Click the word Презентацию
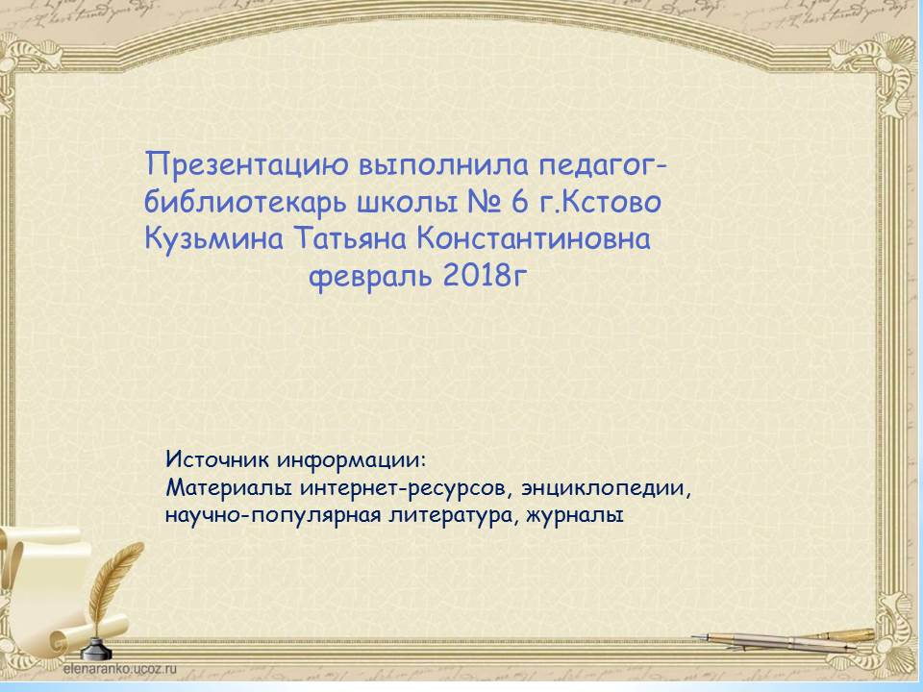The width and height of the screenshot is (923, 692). point(247,164)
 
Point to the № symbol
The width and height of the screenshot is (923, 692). point(484,203)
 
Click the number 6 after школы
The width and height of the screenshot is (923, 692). point(520,203)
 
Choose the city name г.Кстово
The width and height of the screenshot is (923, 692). point(600,203)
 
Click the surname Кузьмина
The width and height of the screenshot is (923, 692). point(213,240)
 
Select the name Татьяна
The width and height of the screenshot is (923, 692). point(350,239)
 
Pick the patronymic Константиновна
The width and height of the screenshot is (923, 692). point(534,239)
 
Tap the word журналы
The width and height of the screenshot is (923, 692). point(575,516)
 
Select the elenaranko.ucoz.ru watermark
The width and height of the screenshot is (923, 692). point(119,669)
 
